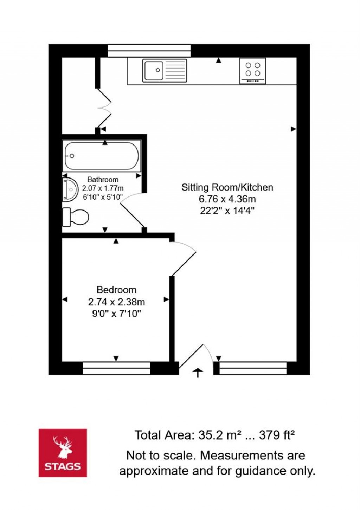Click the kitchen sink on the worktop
165,70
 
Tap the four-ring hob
253,71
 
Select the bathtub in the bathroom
102,156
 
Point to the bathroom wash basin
70,190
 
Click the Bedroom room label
116,290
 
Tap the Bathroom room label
103,180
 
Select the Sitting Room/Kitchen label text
227,187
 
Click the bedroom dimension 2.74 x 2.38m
116,302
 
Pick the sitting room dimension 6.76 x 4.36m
227,199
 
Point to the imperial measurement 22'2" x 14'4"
227,211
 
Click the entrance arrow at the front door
198,373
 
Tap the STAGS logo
63,453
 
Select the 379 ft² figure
277,435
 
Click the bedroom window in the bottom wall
116,368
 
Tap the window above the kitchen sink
149,50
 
